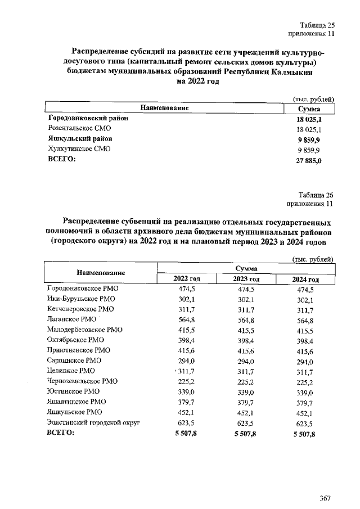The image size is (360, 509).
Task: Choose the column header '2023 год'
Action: [246, 279]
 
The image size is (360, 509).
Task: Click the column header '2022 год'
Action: [186, 279]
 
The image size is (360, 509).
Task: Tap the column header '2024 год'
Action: [306, 280]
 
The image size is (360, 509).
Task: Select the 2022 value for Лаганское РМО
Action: [186, 319]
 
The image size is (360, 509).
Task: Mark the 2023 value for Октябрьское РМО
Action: [246, 340]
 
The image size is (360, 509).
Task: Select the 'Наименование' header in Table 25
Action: [164, 107]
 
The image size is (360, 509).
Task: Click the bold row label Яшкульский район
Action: [79, 139]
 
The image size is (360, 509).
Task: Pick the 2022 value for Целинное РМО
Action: [186, 371]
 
